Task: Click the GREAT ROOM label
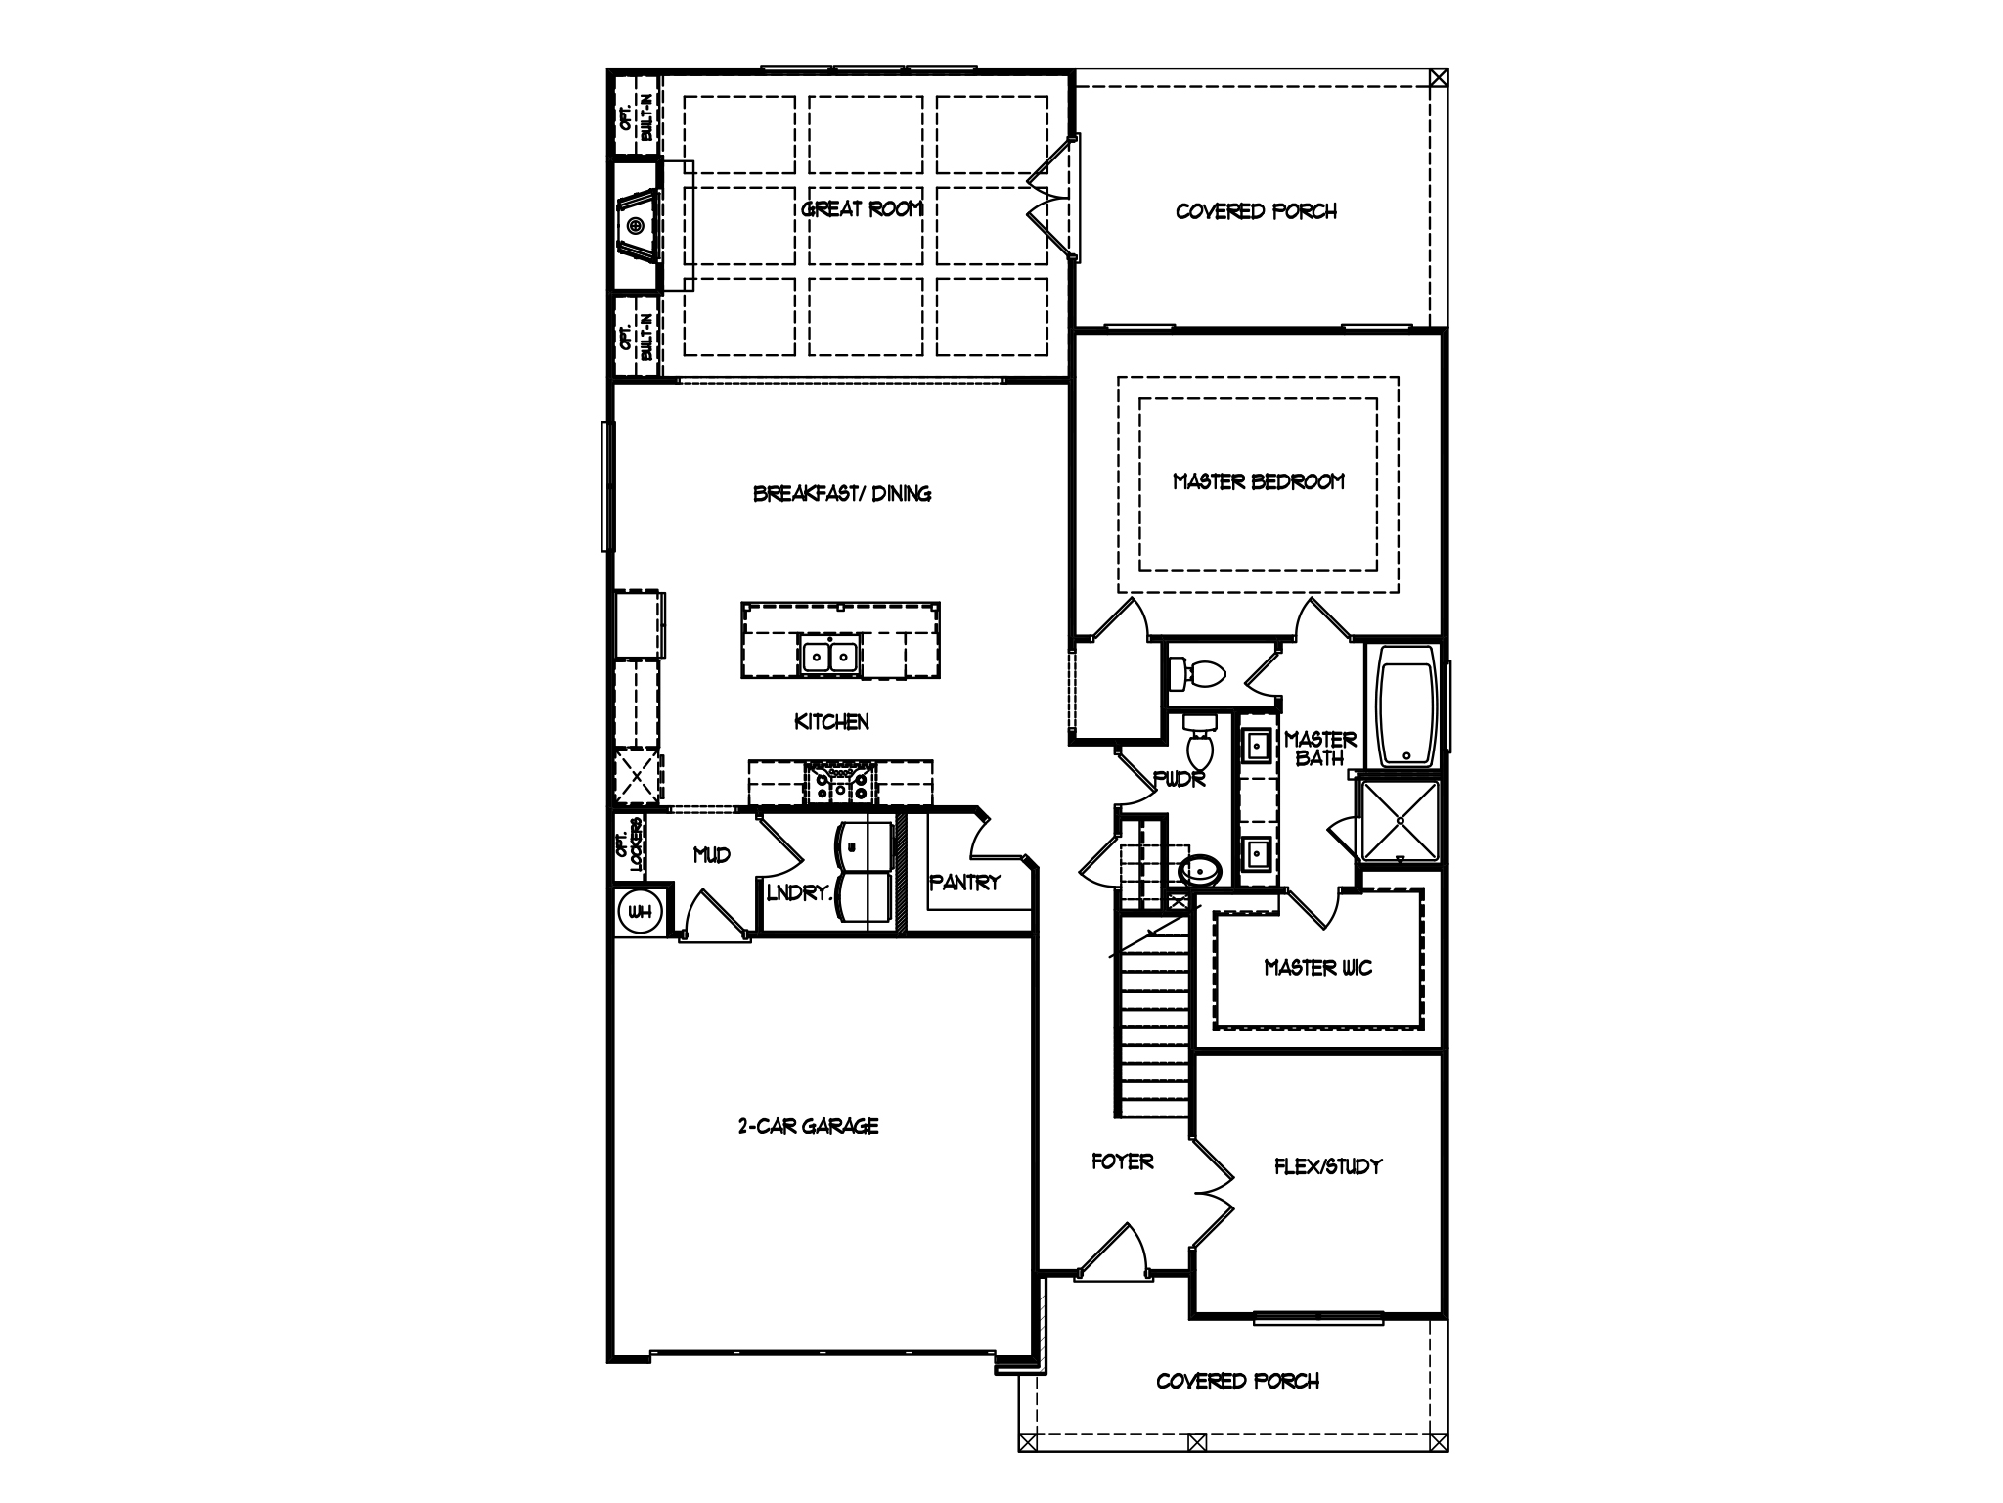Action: point(862,209)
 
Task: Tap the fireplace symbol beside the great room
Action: point(637,226)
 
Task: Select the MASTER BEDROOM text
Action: point(1258,481)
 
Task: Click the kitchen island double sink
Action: point(829,656)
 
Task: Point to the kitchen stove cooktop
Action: point(840,782)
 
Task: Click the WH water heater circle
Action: point(640,912)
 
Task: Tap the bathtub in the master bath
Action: point(1406,705)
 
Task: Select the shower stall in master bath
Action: point(1401,820)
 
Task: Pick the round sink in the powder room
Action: point(1200,868)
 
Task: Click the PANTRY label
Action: point(964,883)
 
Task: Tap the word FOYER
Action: point(1122,1161)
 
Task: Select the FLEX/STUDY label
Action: point(1327,1166)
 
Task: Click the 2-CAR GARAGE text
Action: point(808,1126)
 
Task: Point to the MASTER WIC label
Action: point(1317,968)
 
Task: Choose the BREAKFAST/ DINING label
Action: point(841,494)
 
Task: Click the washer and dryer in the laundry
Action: point(865,873)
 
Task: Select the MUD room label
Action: point(711,855)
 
